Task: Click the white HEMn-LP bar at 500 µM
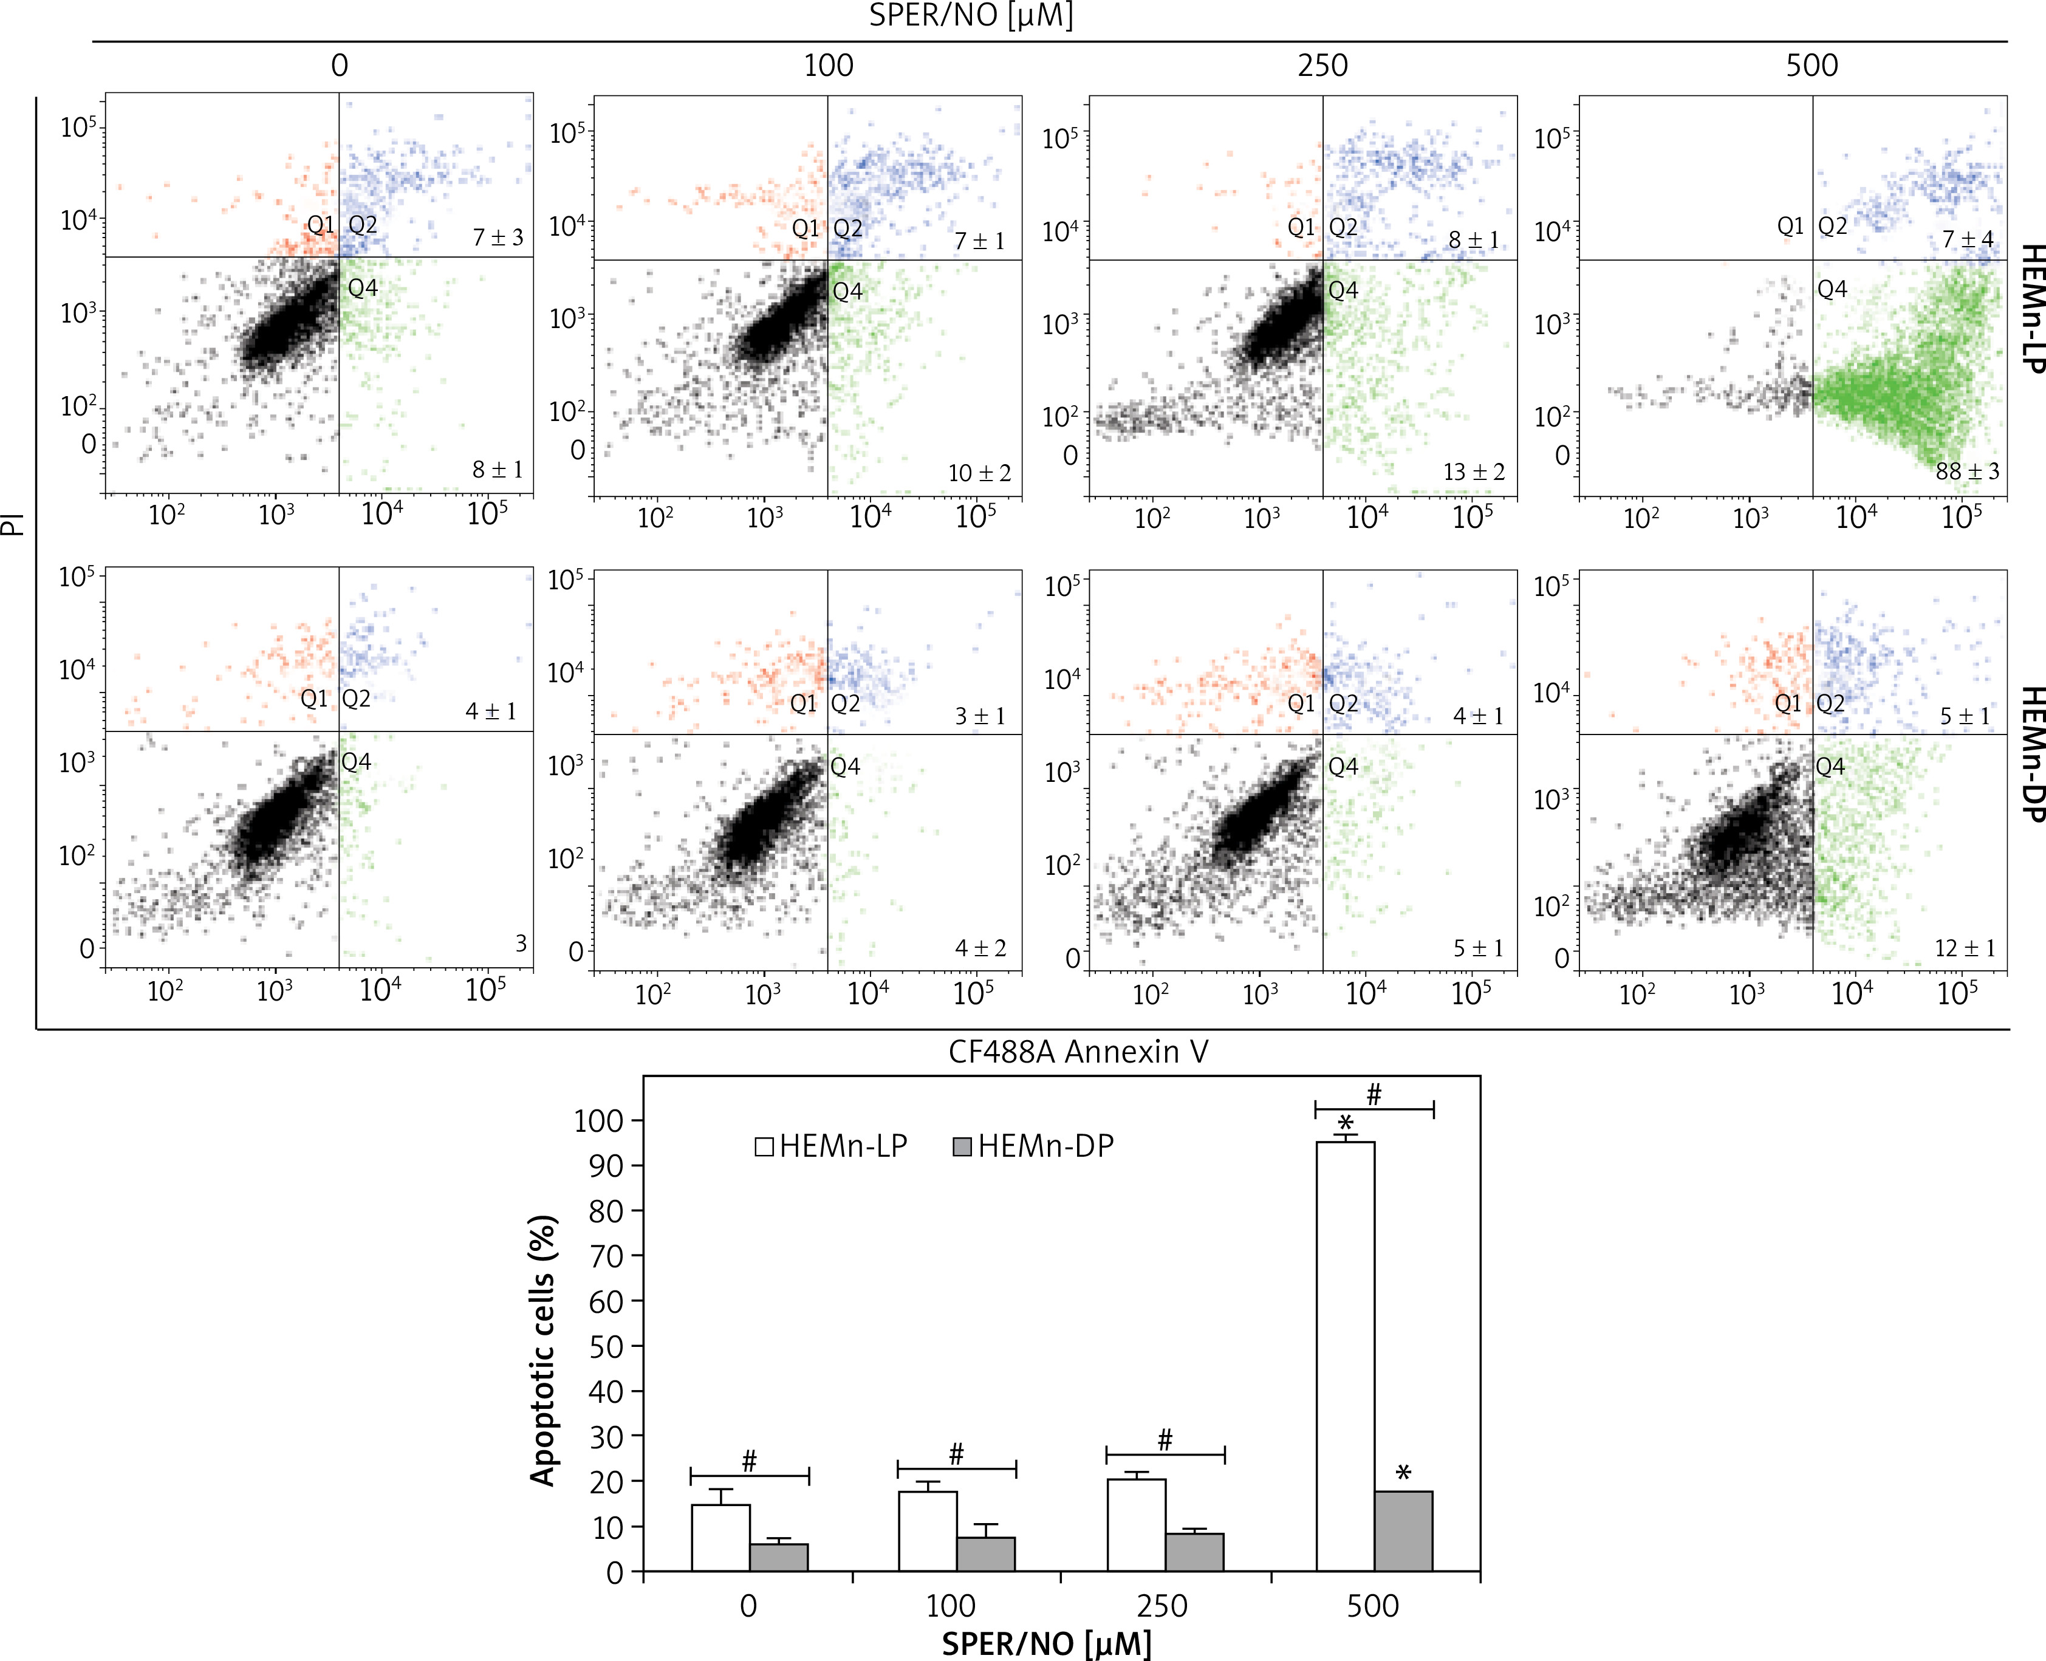click(1345, 1358)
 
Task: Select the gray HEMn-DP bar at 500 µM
click(1403, 1532)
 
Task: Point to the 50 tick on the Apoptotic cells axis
click(606, 1346)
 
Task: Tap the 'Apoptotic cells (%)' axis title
click(543, 1350)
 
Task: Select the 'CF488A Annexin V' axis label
click(1078, 1052)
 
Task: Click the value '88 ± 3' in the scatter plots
click(1966, 471)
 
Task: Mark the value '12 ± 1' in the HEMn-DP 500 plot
click(1965, 948)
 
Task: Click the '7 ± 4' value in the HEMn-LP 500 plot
click(1966, 238)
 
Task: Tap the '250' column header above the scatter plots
click(1323, 66)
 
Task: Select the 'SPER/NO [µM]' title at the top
click(970, 16)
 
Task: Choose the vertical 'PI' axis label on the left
click(13, 522)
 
